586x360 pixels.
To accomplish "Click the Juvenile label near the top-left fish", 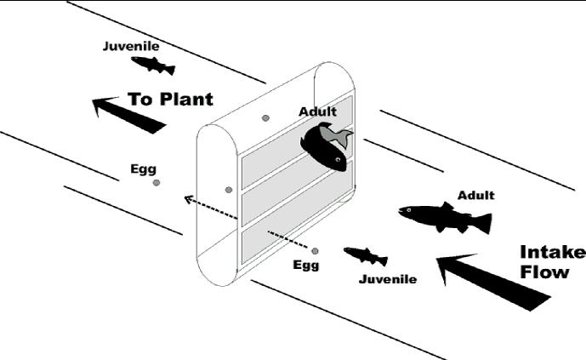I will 130,46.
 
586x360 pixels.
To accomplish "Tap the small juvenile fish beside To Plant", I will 153,66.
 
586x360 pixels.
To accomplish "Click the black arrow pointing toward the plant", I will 127,115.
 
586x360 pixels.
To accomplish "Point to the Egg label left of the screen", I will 143,168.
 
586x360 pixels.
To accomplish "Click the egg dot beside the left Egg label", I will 156,183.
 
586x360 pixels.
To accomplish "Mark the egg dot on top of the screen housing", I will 265,117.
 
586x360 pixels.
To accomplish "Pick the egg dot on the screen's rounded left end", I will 228,189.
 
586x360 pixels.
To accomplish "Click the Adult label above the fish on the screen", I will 317,111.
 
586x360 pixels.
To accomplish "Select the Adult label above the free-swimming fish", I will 475,195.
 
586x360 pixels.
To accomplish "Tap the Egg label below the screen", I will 306,265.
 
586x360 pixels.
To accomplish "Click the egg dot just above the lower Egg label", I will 315,251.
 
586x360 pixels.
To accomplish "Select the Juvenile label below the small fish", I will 388,278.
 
